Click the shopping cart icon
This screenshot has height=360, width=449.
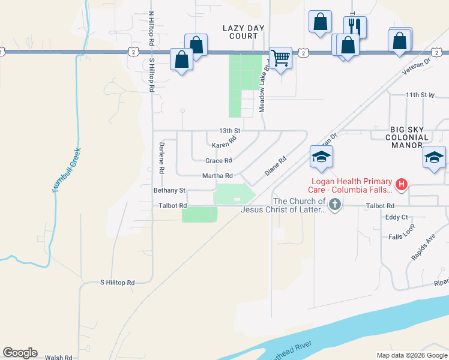point(280,58)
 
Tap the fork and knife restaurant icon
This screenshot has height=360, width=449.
point(355,27)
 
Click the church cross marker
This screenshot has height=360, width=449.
point(335,206)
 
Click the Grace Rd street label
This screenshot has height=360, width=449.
point(218,161)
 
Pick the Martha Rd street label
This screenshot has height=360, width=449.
point(217,176)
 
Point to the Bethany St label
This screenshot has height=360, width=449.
point(169,190)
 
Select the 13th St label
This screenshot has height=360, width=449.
point(229,131)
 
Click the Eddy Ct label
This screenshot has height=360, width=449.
point(397,217)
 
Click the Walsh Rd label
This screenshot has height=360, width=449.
point(59,357)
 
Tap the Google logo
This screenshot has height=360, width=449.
point(20,353)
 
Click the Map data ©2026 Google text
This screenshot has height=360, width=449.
point(411,355)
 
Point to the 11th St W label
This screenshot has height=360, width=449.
point(420,95)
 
